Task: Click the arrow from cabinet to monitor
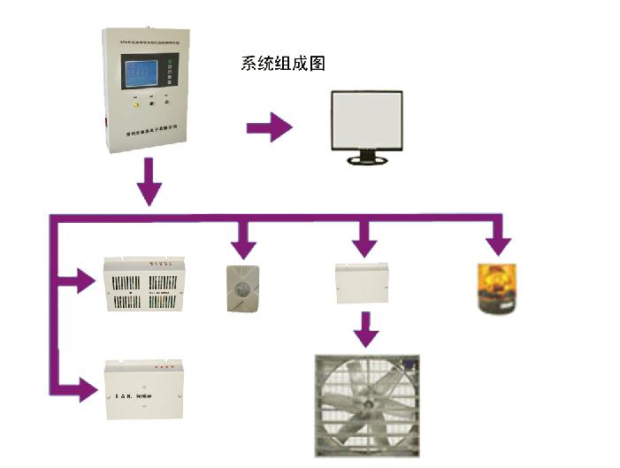tap(270, 127)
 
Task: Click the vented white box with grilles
tap(146, 285)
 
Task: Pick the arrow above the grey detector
tap(243, 237)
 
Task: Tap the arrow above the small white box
tap(363, 237)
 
